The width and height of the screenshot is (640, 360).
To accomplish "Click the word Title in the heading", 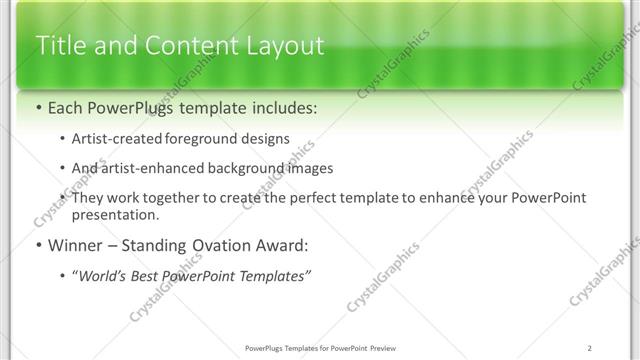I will point(59,46).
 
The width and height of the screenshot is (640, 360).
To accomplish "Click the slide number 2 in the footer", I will point(590,348).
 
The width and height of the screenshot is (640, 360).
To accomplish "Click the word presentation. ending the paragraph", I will point(115,214).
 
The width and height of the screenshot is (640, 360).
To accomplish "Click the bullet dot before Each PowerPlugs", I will point(38,107).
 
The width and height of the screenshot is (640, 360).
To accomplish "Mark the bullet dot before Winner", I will point(38,245).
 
